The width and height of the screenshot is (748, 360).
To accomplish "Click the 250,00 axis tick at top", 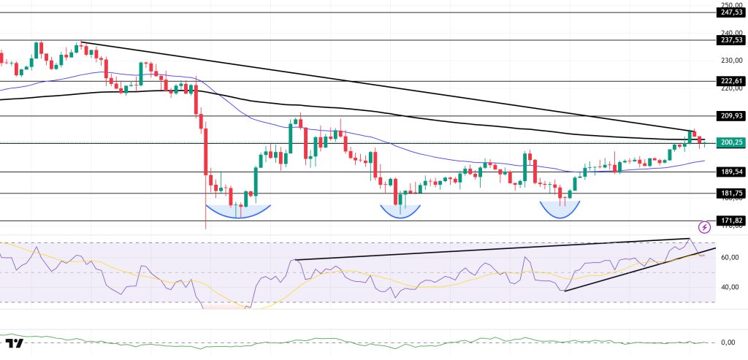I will (x=726, y=4).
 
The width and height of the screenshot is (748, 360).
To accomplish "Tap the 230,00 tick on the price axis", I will (x=726, y=61).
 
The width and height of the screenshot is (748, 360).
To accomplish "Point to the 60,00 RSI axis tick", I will (x=726, y=258).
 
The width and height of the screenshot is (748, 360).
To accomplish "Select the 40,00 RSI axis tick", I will (x=726, y=287).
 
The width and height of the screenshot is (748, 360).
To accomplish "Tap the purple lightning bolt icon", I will (x=704, y=227).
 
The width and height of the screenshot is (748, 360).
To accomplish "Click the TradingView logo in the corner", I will (x=15, y=343).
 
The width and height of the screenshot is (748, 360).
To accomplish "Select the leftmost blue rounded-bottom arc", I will (x=239, y=212).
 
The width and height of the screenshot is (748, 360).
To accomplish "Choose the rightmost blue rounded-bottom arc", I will (x=560, y=210).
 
